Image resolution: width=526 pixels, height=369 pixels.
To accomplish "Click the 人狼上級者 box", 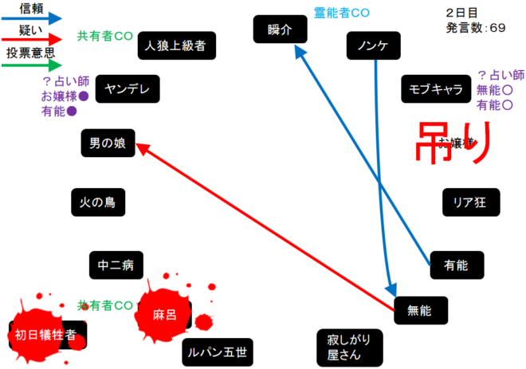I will [x=176, y=45].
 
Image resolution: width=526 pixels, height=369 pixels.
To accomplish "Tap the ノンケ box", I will [x=373, y=46].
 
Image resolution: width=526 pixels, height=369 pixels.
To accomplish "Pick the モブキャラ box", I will [x=436, y=88].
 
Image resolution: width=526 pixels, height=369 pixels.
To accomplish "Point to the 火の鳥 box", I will [x=98, y=202].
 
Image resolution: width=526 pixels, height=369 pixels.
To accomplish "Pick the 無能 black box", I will [x=422, y=309].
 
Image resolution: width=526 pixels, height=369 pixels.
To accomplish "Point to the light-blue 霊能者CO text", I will [x=341, y=13].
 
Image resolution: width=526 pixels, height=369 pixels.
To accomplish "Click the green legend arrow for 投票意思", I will [x=32, y=66].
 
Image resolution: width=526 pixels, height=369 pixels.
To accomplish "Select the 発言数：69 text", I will [x=476, y=27].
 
